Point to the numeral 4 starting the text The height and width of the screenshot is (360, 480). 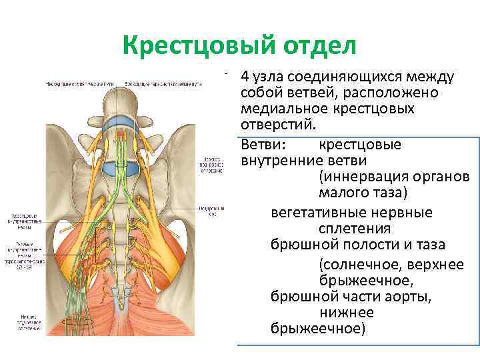[x=245, y=76]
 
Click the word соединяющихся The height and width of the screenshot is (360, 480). [x=345, y=76]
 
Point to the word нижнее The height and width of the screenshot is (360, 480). [x=347, y=313]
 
